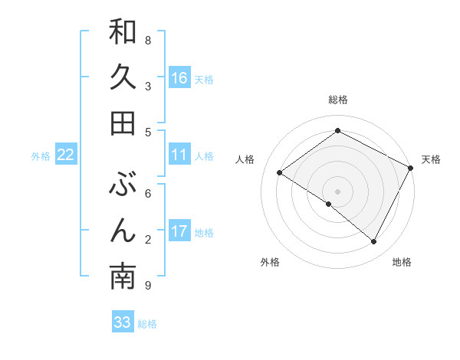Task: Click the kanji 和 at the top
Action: pos(123,32)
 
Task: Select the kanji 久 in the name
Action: pos(123,78)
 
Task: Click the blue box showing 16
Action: pos(179,78)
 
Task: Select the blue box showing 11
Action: pos(179,155)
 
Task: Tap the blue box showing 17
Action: pos(179,231)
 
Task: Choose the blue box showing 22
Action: pos(66,155)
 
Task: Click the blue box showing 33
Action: pos(123,322)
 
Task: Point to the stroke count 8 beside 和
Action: pos(148,40)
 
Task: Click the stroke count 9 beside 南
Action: pos(148,286)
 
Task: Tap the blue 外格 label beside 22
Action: pos(41,156)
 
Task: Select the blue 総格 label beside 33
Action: pos(147,324)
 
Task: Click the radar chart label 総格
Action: pos(338,100)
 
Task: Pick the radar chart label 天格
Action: pos(431,159)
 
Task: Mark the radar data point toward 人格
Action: pos(280,172)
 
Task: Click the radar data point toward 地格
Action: pos(374,242)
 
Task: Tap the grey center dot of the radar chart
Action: pos(337,191)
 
